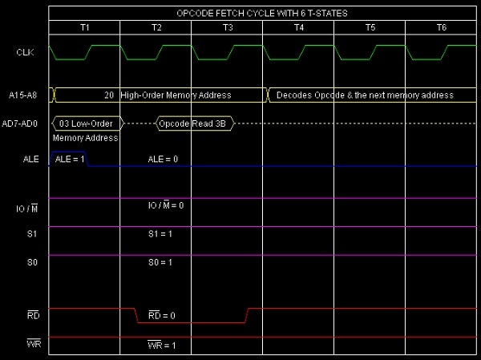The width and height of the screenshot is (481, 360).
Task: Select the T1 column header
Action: pyautogui.click(x=85, y=27)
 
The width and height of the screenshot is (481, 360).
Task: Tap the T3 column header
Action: pyautogui.click(x=228, y=27)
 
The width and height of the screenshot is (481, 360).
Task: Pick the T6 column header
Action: pyautogui.click(x=441, y=27)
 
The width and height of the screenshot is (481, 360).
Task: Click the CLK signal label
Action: pyautogui.click(x=25, y=52)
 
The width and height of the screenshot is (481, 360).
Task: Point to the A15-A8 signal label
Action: pyautogui.click(x=25, y=95)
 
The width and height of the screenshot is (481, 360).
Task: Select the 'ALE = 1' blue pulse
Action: pyautogui.click(x=69, y=159)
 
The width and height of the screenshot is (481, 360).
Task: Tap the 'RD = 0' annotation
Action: pyautogui.click(x=163, y=316)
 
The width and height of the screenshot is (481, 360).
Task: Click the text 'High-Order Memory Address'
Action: pyautogui.click(x=176, y=95)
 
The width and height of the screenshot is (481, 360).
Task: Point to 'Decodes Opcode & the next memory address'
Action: pyautogui.click(x=365, y=95)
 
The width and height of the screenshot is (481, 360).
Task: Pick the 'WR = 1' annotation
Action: pyautogui.click(x=163, y=346)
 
